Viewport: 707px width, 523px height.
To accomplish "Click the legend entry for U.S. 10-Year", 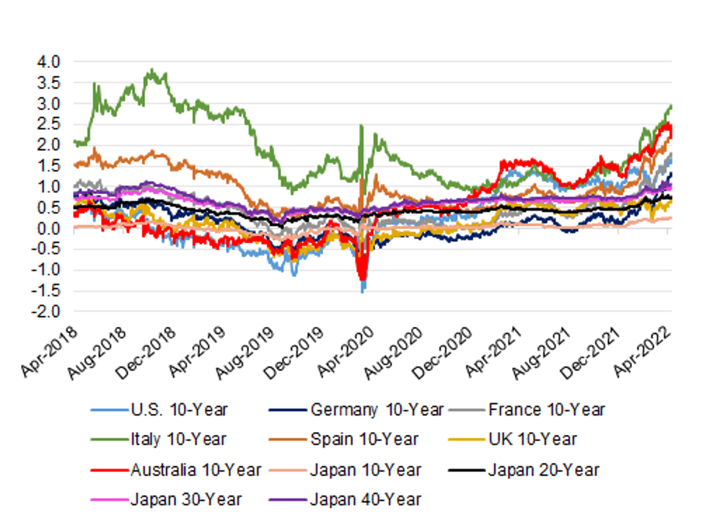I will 180,410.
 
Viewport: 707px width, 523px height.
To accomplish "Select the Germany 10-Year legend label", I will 377,410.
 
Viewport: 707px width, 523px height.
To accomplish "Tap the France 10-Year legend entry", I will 546,410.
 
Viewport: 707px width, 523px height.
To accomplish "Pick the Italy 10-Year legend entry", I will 179,439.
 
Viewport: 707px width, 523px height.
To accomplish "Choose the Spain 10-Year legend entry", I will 364,439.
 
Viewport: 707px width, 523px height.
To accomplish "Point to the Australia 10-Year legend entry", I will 196,470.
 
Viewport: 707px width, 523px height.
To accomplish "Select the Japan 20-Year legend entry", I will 543,470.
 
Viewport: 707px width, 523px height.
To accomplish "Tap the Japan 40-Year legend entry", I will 365,498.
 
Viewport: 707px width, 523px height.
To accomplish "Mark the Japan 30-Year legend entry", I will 186,498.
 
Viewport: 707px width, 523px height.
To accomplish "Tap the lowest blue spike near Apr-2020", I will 362,291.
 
